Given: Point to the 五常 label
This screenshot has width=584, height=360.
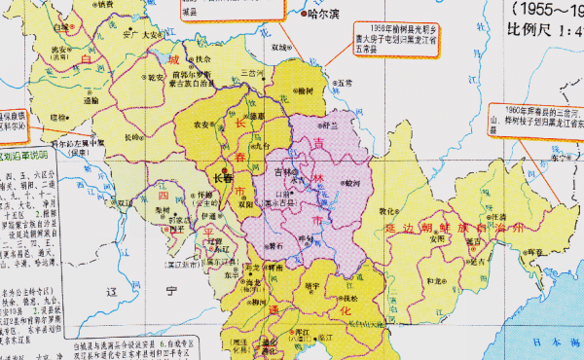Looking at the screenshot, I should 346,84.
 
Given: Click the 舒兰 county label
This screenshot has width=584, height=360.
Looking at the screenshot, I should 333,126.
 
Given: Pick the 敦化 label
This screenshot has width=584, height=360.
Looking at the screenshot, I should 389,210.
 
